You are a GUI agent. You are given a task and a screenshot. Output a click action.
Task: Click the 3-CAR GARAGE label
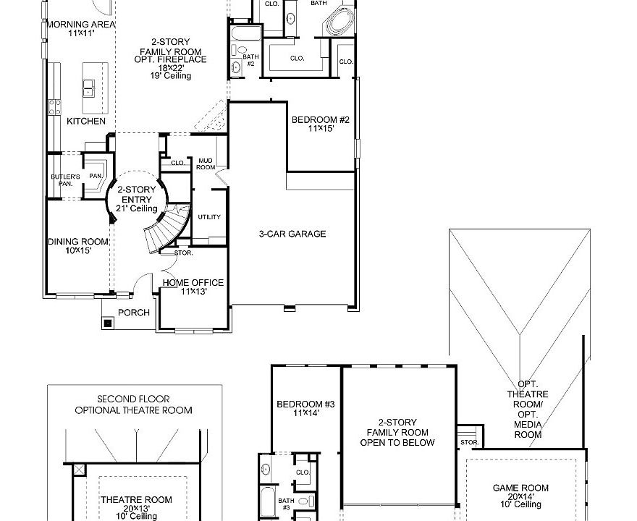point(292,234)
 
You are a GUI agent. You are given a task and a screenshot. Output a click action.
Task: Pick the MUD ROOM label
point(206,164)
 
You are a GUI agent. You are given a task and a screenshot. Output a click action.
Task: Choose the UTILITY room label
point(209,217)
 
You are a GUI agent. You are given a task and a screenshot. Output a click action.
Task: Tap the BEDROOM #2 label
point(320,124)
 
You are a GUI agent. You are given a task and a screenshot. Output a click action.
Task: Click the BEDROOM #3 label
point(298,408)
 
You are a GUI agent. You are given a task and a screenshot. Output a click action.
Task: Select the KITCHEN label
point(86,121)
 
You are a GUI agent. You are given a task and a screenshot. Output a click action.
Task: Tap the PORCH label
point(134,313)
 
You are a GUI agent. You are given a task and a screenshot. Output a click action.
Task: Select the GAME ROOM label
point(520,494)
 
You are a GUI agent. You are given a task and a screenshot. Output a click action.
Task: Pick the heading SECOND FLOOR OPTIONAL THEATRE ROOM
point(134,404)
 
